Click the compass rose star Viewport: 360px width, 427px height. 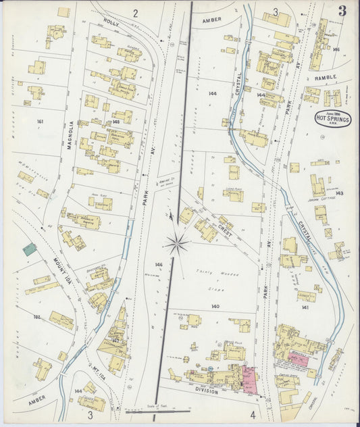[177, 243]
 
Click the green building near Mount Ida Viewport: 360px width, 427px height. [30, 249]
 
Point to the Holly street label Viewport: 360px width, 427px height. [111, 22]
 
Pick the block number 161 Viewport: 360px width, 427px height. [41, 122]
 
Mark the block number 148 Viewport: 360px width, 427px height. [115, 122]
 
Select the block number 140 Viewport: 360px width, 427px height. [215, 307]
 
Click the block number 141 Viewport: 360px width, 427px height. [305, 307]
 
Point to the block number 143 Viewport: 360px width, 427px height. [339, 193]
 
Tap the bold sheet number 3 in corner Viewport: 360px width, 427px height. [342, 11]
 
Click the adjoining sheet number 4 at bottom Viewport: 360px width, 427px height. [253, 414]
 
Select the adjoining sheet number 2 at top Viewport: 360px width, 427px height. [135, 13]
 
